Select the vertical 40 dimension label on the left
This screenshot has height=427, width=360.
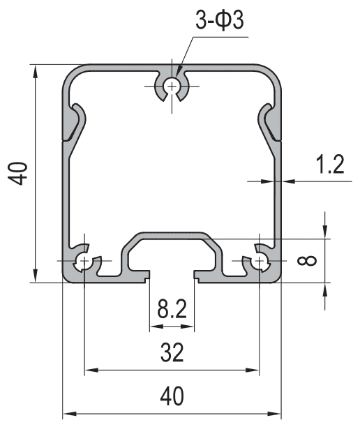tap(21, 172)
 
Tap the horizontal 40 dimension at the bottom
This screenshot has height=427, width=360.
tap(172, 396)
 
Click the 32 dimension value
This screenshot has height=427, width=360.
tap(172, 353)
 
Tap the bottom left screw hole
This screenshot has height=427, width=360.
tap(84, 262)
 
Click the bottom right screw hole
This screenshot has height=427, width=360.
tap(260, 262)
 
